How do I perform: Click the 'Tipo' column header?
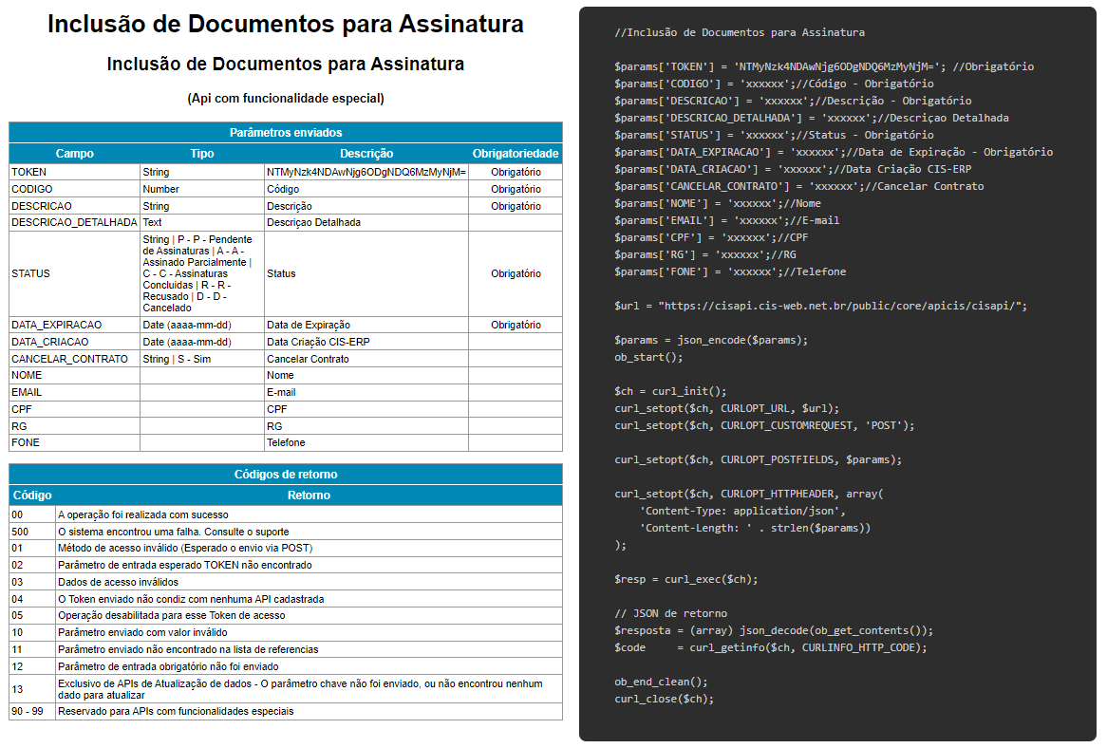click(202, 153)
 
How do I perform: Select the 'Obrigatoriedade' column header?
click(516, 153)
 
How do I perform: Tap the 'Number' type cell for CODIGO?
click(160, 189)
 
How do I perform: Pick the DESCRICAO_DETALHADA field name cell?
click(74, 222)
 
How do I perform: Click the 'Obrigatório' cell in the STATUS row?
click(516, 273)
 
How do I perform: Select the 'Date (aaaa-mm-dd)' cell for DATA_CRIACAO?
click(187, 342)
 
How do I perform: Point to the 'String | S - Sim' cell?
click(177, 359)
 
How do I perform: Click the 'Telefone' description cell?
click(286, 442)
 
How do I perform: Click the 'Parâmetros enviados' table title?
click(286, 133)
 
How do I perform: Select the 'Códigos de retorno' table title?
click(286, 475)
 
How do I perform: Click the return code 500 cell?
click(21, 532)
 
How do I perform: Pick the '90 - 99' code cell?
click(28, 711)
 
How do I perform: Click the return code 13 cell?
click(18, 688)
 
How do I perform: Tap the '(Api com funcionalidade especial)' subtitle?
click(286, 98)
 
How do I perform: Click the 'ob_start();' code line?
click(648, 357)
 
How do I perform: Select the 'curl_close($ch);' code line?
click(664, 699)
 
